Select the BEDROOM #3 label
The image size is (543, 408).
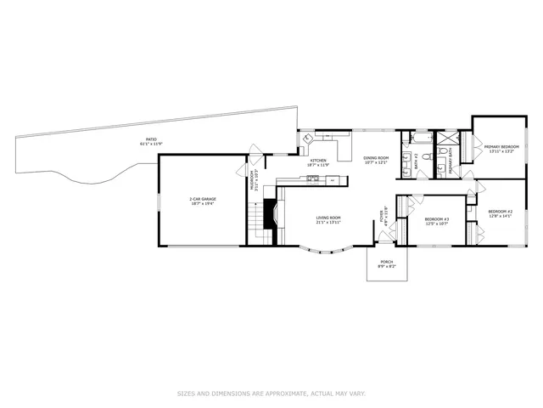click(x=436, y=221)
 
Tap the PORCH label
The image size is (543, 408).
click(x=386, y=263)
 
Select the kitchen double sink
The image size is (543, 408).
click(x=313, y=178)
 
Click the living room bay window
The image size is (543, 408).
click(x=327, y=252)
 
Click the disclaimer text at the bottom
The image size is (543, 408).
click(x=271, y=394)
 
